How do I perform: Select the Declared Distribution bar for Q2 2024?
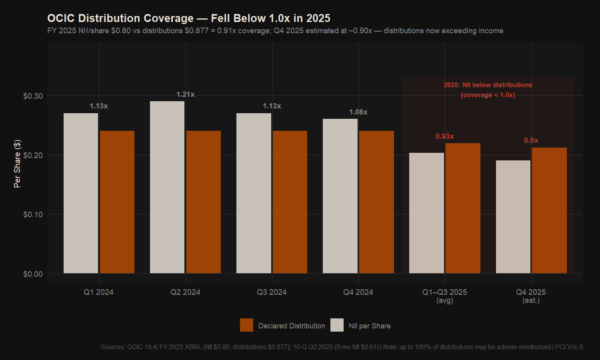pyautogui.click(x=204, y=202)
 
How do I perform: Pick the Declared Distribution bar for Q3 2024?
pyautogui.click(x=290, y=202)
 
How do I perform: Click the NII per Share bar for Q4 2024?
pyautogui.click(x=340, y=196)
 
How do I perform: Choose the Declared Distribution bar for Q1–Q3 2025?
pyautogui.click(x=463, y=208)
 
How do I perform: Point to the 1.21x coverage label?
pyautogui.click(x=186, y=94)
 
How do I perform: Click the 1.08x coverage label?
pyautogui.click(x=358, y=112)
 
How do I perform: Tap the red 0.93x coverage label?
pyautogui.click(x=445, y=136)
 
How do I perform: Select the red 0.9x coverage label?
pyautogui.click(x=531, y=140)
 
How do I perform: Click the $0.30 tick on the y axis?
pyautogui.click(x=33, y=96)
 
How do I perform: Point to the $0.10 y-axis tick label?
pyautogui.click(x=33, y=214)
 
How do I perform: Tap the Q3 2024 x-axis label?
pyautogui.click(x=272, y=292)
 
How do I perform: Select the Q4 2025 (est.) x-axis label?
pyautogui.click(x=531, y=296)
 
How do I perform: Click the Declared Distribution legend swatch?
pyautogui.click(x=246, y=325)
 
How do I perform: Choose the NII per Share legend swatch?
pyautogui.click(x=337, y=325)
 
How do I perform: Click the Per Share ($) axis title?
pyautogui.click(x=17, y=164)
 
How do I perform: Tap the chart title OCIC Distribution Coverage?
pyautogui.click(x=189, y=18)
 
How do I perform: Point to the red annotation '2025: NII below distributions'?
pyautogui.click(x=488, y=85)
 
